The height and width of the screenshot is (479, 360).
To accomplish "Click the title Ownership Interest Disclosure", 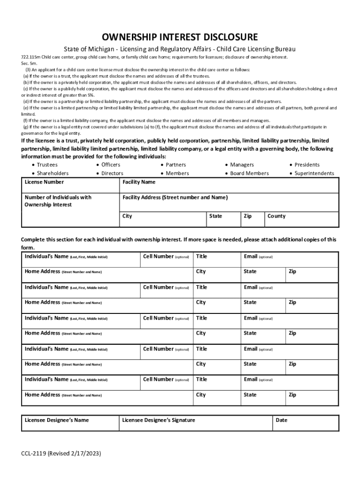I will tap(180, 37).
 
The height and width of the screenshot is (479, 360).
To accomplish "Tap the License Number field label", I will tap(44, 182).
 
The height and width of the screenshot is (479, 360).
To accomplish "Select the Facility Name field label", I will tap(139, 182).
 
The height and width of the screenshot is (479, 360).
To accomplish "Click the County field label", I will tap(276, 216).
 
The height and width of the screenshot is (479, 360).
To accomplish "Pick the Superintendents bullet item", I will tap(314, 173).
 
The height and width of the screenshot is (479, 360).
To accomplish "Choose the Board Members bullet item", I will tap(249, 173).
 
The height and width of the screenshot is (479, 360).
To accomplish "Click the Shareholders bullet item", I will tap(52, 173).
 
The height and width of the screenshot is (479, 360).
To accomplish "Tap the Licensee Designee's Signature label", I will tap(158, 420).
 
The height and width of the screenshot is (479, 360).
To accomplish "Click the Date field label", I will tap(281, 420).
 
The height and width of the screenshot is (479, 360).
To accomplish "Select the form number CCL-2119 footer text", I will tap(61, 454).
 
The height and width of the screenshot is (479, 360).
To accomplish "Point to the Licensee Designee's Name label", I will tap(57, 420).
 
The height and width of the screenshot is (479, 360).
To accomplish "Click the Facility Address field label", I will tap(175, 197).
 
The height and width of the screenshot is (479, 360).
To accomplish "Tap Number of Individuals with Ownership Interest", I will tap(58, 201).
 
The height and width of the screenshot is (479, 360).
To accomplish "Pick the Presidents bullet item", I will tap(307, 165).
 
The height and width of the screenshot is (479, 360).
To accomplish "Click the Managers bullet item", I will tap(242, 165).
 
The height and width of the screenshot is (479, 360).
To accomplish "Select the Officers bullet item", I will tap(111, 165).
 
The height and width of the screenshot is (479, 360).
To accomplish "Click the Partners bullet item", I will tap(175, 165).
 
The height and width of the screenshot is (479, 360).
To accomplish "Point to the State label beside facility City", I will tap(216, 216).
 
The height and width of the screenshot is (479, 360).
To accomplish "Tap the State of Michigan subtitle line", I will tap(180, 49).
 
